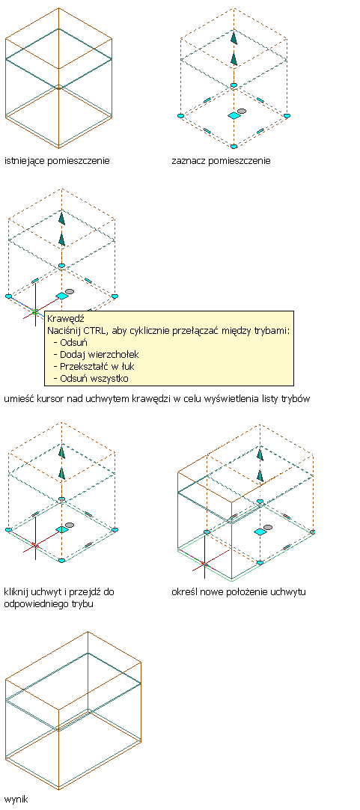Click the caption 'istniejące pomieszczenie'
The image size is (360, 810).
click(57, 161)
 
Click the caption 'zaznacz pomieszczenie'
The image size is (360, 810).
click(221, 161)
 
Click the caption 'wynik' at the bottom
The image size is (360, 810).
click(16, 800)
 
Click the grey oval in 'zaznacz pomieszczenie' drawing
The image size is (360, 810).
click(242, 111)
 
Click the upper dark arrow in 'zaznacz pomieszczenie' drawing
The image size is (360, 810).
click(234, 39)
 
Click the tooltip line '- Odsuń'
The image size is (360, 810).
click(71, 343)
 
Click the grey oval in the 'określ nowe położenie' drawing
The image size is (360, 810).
click(267, 527)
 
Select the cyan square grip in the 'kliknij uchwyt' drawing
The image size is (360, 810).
click(62, 529)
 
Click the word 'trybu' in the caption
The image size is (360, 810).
click(82, 604)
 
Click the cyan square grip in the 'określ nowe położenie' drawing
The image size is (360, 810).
click(260, 532)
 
